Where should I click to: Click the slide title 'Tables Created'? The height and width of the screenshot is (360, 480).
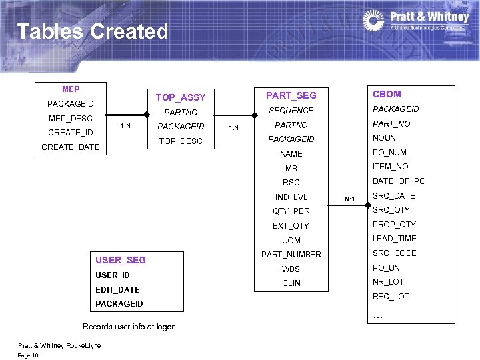[92, 31]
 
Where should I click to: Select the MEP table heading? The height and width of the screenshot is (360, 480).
[71, 89]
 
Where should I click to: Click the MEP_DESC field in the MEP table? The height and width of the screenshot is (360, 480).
[71, 118]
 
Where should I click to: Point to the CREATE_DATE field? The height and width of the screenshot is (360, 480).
[71, 147]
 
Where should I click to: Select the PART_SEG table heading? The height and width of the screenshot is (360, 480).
[291, 95]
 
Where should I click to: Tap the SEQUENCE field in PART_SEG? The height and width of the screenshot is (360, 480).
[291, 110]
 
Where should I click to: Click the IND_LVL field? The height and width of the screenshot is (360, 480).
[291, 197]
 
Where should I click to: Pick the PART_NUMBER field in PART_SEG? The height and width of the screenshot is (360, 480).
[291, 254]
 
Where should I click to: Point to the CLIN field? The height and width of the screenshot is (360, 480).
[291, 283]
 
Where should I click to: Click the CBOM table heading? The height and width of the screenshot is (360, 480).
[387, 94]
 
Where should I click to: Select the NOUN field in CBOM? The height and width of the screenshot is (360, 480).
[384, 138]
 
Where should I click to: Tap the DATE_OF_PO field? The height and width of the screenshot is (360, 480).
[399, 181]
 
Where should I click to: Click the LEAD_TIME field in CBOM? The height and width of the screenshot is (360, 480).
[394, 239]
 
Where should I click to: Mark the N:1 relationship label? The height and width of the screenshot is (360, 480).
[349, 199]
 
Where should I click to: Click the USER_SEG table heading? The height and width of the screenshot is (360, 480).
[121, 260]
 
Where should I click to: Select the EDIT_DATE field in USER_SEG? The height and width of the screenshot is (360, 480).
[117, 289]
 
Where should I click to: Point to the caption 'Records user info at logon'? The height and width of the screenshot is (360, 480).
[129, 327]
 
